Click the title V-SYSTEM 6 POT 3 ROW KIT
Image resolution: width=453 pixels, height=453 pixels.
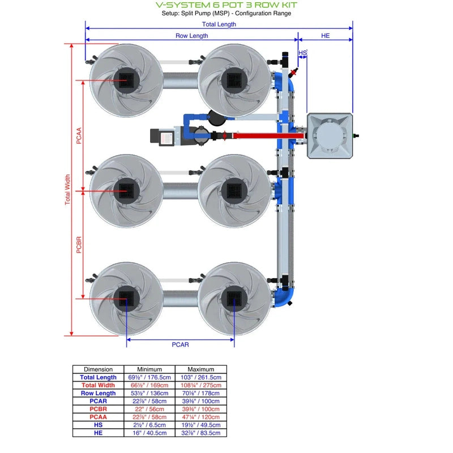coord(226,5)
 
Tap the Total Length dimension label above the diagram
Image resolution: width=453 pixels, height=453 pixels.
coord(219,24)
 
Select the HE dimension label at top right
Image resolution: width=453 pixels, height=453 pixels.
coord(325,35)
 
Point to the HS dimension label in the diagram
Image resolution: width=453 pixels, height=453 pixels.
coord(302,53)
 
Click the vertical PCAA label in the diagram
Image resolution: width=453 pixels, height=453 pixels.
coord(79,136)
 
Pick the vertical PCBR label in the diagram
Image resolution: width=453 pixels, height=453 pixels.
coord(79,242)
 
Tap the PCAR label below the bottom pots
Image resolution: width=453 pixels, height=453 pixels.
coord(180,344)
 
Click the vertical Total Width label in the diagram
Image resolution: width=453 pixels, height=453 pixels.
coord(68,189)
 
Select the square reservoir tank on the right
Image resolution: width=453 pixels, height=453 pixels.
coord(330,135)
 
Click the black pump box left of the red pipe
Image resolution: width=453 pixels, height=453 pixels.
coord(161,136)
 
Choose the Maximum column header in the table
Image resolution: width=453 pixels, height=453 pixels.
coord(200,369)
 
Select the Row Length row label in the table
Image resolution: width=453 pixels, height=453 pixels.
coord(98,393)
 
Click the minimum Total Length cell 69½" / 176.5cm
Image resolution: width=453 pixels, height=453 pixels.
coord(149,377)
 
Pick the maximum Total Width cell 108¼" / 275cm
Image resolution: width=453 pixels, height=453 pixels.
coord(200,385)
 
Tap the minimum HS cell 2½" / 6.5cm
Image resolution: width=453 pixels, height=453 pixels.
coord(149,425)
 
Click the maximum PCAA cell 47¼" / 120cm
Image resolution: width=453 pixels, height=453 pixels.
coord(200,417)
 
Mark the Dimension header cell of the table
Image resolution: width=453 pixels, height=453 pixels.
coord(98,369)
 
